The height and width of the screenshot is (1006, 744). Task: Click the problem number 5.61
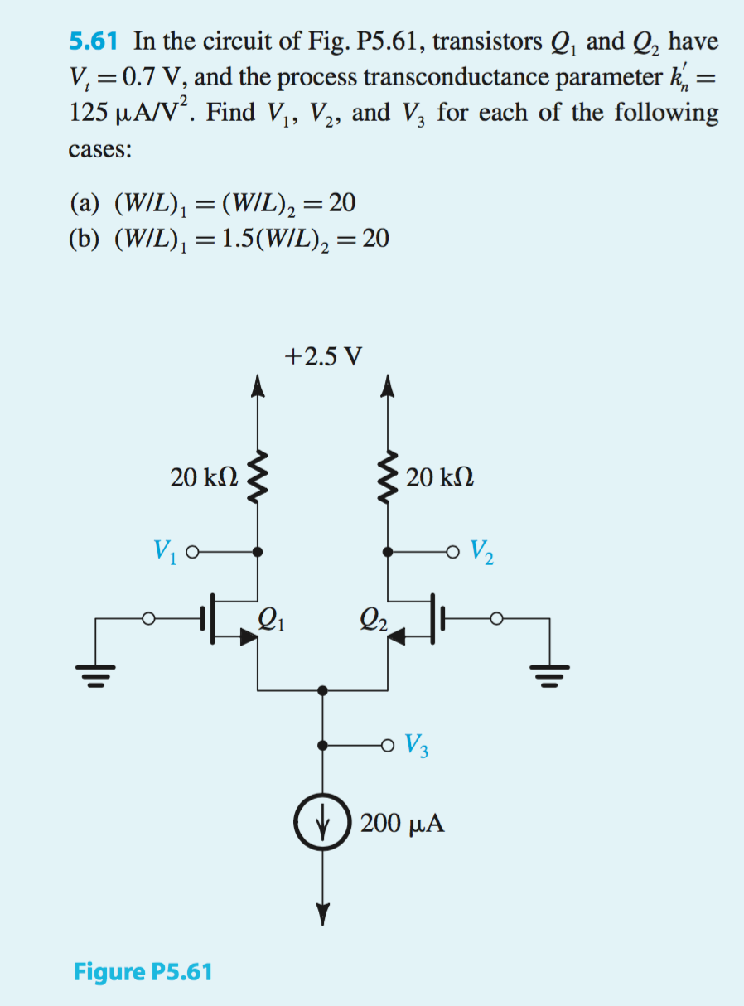tap(94, 41)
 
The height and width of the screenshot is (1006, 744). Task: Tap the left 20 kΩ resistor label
tap(205, 477)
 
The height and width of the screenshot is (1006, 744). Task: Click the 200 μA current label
tap(402, 824)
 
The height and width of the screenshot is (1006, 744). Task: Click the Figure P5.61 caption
tap(143, 971)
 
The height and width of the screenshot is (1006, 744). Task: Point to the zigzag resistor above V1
tap(258, 477)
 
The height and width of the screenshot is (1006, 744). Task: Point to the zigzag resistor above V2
tap(387, 477)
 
